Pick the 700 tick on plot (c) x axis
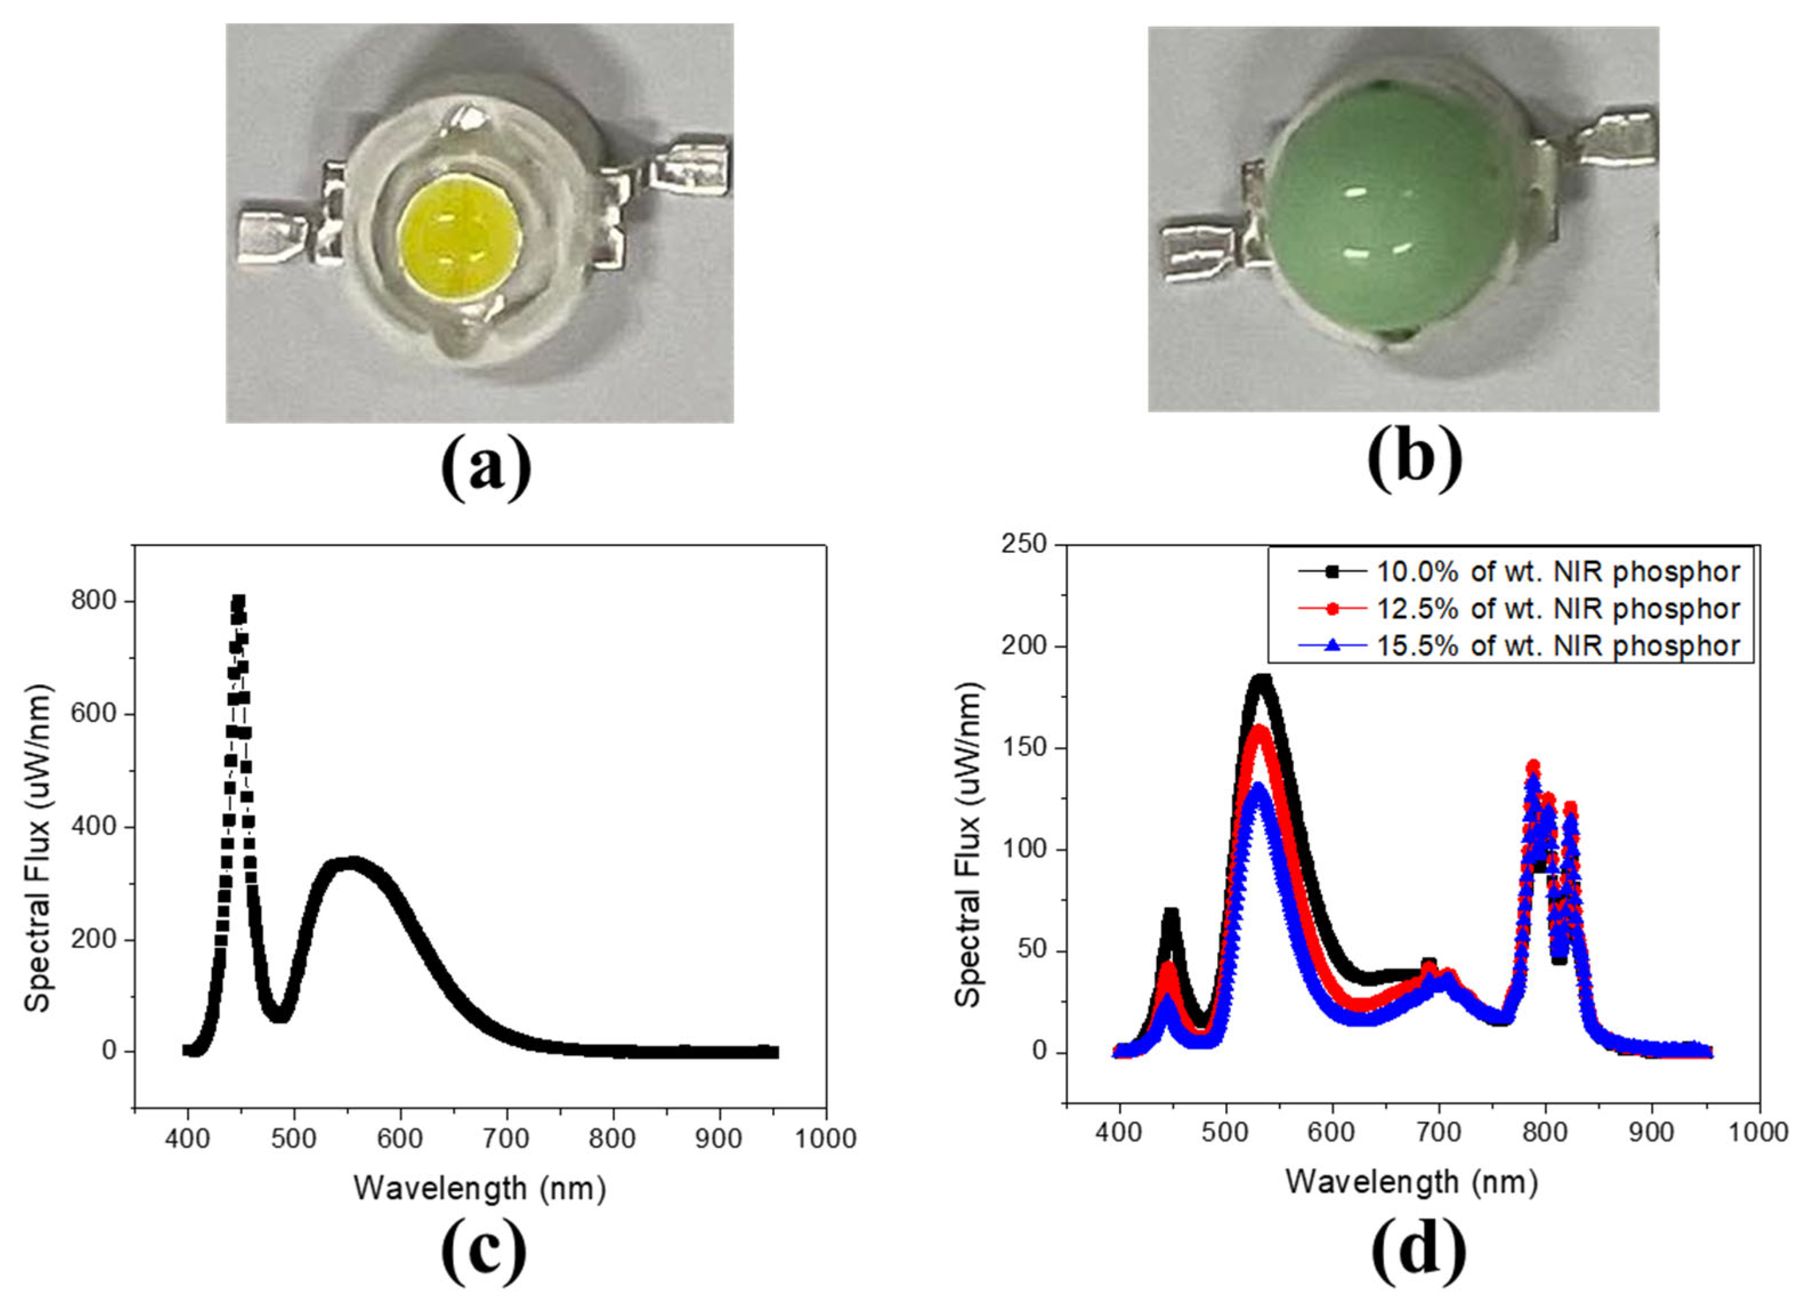click(x=506, y=1138)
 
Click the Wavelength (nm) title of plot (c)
click(x=479, y=1189)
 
